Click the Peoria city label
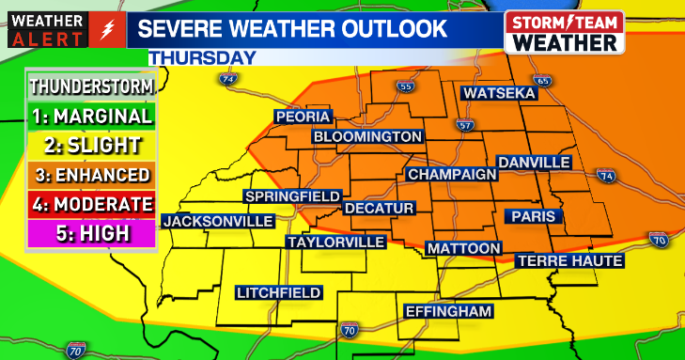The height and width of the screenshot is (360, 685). pos(303,117)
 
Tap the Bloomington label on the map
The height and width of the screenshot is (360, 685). pos(367,137)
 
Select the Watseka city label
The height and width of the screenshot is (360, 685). pos(498,94)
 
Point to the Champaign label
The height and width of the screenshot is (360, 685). pos(451,175)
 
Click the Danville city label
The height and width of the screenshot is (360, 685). pos(534,163)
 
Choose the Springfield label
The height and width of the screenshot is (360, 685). pos(291,196)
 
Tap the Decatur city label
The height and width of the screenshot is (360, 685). pos(379,208)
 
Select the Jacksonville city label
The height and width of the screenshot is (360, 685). pos(218,222)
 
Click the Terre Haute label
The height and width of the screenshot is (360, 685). pos(569,260)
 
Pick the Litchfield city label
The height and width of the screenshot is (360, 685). pos(279,292)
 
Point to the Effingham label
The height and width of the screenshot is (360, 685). pos(448,311)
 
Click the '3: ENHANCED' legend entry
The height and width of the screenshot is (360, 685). pos(90,175)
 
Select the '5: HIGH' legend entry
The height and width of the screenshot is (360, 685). pos(90,233)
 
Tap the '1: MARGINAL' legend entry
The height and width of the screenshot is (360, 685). pos(90,117)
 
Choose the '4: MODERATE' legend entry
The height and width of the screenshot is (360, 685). pos(90,204)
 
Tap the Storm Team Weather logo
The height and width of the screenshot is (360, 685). pos(564,33)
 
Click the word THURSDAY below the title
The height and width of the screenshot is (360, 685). pos(203,58)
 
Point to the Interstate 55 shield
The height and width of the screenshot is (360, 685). pos(405,87)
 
